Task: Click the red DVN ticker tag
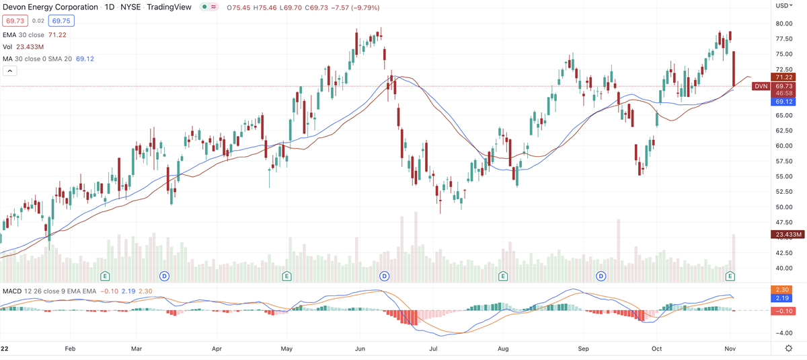click(761, 86)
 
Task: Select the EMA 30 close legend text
click(25, 35)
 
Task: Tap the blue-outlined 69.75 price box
click(42, 22)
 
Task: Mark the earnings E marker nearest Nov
click(731, 276)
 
